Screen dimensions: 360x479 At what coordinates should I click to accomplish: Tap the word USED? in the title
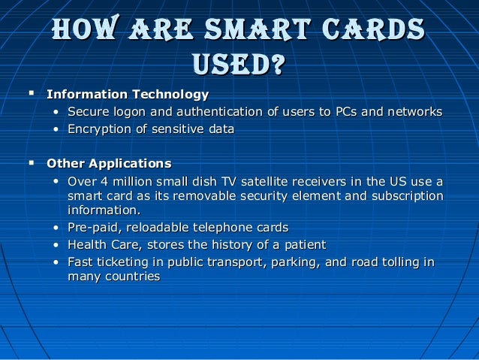(x=238, y=65)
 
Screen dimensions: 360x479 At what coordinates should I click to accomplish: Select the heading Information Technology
(x=128, y=95)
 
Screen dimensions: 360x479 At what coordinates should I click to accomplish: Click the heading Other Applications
(x=109, y=163)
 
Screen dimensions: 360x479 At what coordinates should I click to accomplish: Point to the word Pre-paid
(x=92, y=228)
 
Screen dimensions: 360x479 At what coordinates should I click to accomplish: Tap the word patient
(x=303, y=245)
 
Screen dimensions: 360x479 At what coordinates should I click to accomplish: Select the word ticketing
(x=122, y=262)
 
